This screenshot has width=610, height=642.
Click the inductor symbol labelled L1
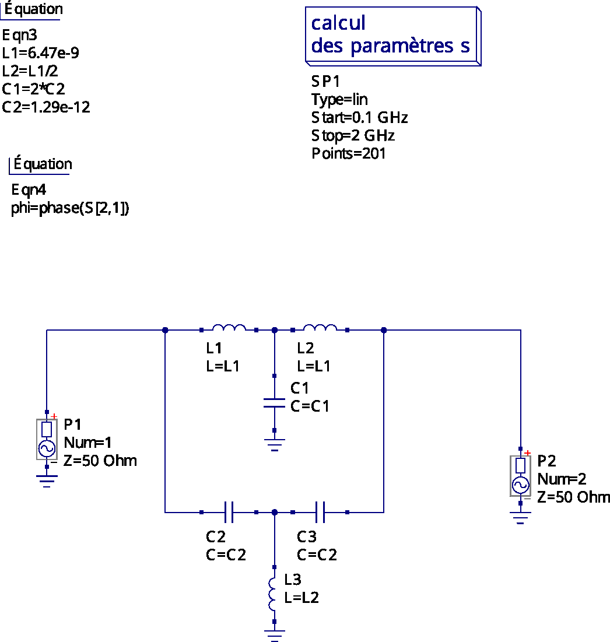pyautogui.click(x=229, y=328)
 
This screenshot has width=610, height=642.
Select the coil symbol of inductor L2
pyautogui.click(x=320, y=328)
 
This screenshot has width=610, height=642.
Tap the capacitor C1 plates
pyautogui.click(x=274, y=403)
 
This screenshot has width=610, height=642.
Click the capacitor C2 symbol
pyautogui.click(x=229, y=512)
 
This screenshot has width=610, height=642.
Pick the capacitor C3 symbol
pyautogui.click(x=320, y=512)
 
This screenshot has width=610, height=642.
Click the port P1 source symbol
pyautogui.click(x=47, y=439)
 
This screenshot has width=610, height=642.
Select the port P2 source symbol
pyautogui.click(x=520, y=476)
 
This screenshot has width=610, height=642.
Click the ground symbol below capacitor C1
pyautogui.click(x=274, y=445)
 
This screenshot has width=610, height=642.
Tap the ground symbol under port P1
pyautogui.click(x=47, y=481)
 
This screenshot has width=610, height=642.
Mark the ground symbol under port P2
pyautogui.click(x=520, y=518)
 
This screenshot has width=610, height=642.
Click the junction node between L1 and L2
pyautogui.click(x=275, y=330)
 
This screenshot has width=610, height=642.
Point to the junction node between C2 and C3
pyautogui.click(x=275, y=512)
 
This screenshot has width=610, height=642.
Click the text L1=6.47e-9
pyautogui.click(x=40, y=53)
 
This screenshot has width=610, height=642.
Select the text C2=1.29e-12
pyautogui.click(x=46, y=107)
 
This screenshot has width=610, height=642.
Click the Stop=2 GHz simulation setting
pyautogui.click(x=353, y=135)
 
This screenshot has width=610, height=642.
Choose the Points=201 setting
pyautogui.click(x=349, y=153)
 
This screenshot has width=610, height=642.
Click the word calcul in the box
pyautogui.click(x=338, y=23)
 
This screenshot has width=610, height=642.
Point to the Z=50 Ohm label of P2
pyautogui.click(x=574, y=497)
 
